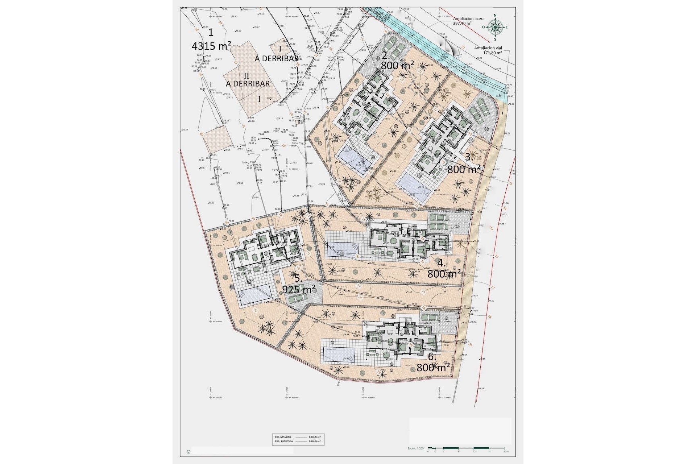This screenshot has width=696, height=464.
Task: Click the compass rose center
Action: [x=495, y=27]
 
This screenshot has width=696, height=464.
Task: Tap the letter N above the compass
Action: [x=495, y=15]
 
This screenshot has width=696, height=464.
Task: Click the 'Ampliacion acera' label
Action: [x=469, y=18]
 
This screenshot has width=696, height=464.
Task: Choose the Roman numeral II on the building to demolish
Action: [x=246, y=75]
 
